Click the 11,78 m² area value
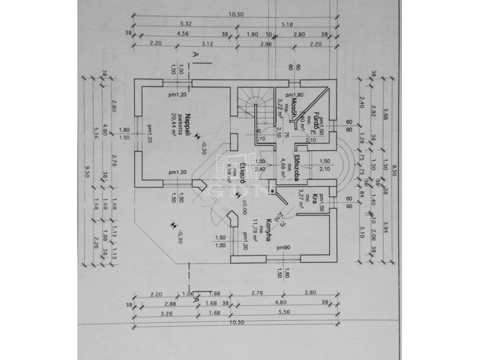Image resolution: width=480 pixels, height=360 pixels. tap(254, 230)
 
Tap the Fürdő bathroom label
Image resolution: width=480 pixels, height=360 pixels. tap(314, 124)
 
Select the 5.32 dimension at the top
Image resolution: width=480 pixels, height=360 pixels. tap(185, 24)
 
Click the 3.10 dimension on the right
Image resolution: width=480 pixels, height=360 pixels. tap(362, 231)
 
